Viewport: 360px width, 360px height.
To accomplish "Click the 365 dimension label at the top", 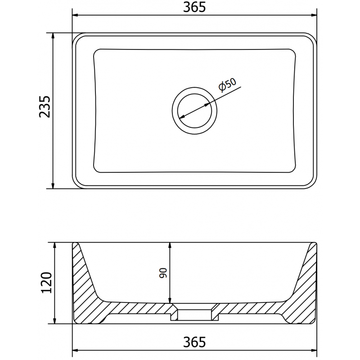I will [x=195, y=8].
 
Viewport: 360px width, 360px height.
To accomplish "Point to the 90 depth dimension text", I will [x=163, y=273].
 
